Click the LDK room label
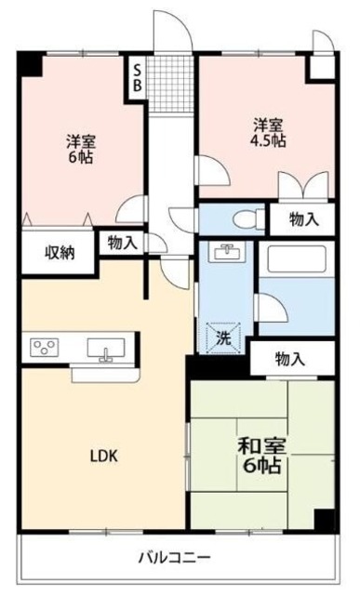[103, 456]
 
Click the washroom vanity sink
[224, 252]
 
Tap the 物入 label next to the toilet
[303, 220]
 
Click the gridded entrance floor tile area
[170, 82]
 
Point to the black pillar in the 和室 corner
[324, 520]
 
